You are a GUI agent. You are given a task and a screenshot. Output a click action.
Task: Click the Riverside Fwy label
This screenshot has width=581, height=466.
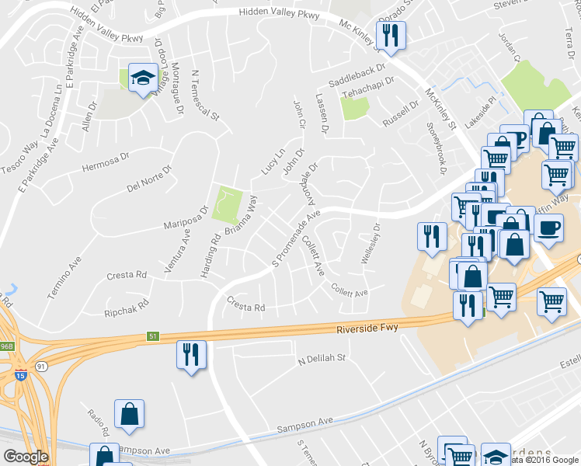(x=367, y=329)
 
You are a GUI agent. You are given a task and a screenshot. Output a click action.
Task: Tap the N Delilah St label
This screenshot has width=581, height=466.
(x=321, y=360)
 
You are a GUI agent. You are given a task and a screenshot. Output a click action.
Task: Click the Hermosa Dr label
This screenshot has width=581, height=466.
(x=103, y=165)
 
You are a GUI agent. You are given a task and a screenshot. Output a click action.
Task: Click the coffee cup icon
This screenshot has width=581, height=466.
(x=548, y=228)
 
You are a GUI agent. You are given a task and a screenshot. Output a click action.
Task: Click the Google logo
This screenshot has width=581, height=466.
(x=26, y=457)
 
